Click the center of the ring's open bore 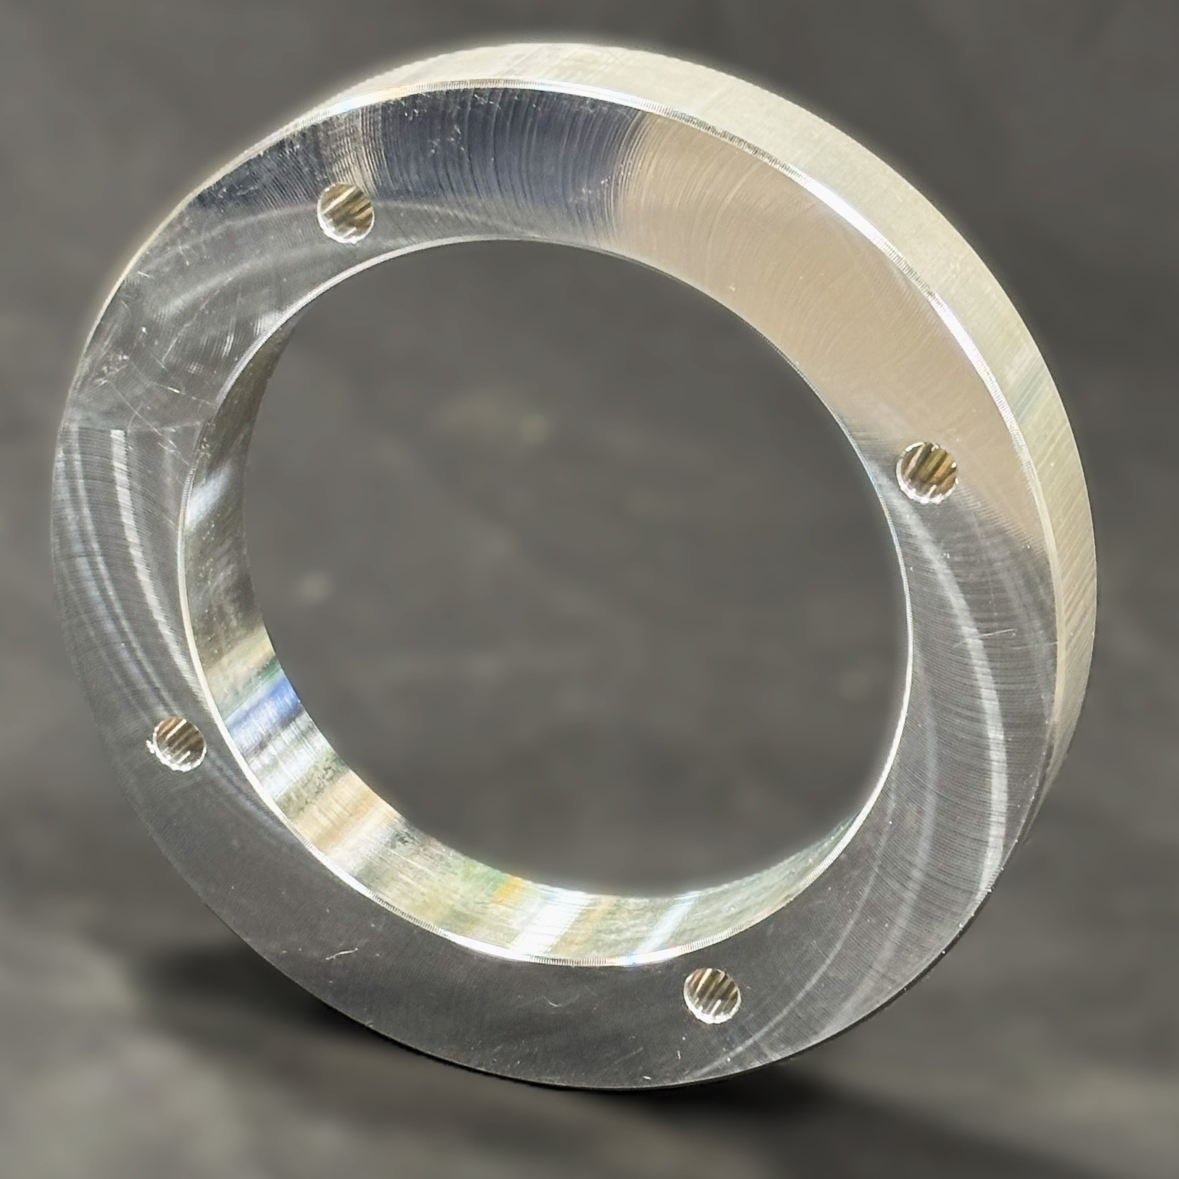coord(549,580)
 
